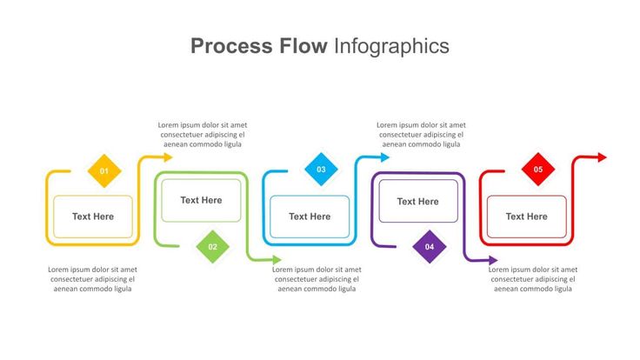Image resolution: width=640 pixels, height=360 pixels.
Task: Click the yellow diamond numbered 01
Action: click(104, 171)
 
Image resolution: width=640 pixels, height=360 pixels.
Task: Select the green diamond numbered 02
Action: click(213, 247)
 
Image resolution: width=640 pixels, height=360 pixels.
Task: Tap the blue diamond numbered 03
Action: click(321, 170)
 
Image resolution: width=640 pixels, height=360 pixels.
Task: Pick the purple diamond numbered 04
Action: click(430, 247)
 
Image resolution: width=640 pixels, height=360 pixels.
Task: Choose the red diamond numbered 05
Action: click(538, 170)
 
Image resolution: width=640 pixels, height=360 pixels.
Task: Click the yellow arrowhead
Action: click(168, 157)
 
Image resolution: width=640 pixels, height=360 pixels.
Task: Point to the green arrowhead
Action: click(277, 259)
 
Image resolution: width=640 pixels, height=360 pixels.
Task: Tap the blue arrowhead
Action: click(385, 157)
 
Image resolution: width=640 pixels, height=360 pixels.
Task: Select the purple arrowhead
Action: click(493, 260)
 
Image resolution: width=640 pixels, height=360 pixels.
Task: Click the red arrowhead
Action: click(603, 157)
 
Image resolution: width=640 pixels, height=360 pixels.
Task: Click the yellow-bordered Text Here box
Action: click(93, 217)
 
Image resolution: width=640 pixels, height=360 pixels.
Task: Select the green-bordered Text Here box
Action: click(201, 200)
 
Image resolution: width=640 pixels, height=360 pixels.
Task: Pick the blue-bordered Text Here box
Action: click(310, 217)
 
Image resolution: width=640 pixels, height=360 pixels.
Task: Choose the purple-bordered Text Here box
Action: click(418, 201)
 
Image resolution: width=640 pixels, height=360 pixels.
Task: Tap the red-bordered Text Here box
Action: click(527, 217)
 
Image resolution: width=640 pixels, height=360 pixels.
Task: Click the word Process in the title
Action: click(231, 46)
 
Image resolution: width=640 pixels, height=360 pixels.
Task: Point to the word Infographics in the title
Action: click(392, 47)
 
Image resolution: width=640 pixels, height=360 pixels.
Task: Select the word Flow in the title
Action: click(303, 46)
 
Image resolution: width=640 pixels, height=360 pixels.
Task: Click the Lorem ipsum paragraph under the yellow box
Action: click(93, 279)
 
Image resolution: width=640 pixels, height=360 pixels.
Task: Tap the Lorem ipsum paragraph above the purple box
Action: click(421, 135)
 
